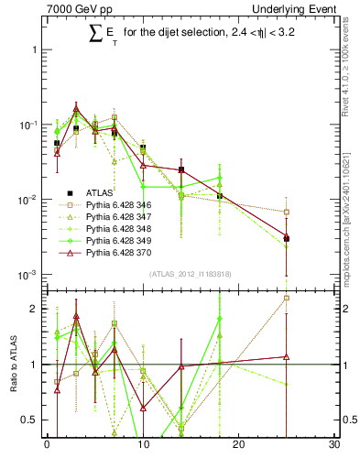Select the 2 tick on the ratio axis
[36, 309]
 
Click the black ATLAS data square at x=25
[287, 239]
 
